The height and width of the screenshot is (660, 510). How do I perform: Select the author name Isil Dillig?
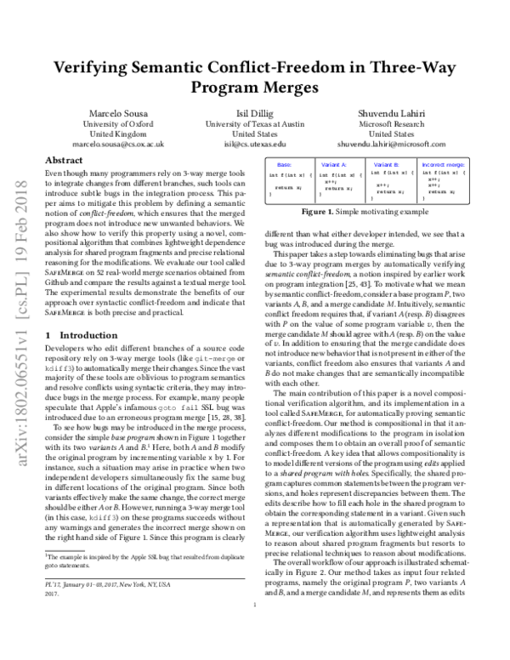255,114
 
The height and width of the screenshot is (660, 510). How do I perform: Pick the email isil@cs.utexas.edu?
255,145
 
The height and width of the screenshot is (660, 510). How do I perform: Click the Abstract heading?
63,161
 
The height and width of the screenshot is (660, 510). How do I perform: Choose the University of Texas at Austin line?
255,124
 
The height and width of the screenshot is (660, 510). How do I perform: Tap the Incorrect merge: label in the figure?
442,162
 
